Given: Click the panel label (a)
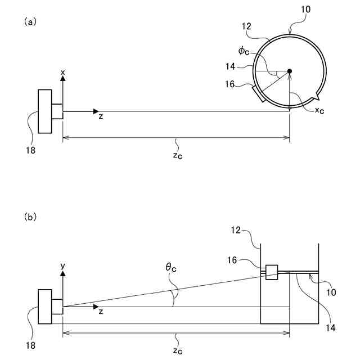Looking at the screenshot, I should click(30, 21).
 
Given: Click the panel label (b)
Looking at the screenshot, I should click(30, 216).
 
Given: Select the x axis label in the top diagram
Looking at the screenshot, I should click(63, 72).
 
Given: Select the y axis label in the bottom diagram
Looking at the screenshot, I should click(63, 265).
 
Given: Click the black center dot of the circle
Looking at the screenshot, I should click(290, 71).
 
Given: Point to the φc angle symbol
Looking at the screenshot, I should click(244, 51).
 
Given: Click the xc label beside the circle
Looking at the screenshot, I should click(319, 111).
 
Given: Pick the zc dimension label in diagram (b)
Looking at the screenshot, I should click(177, 350).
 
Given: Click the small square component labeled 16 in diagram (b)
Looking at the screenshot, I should click(271, 272).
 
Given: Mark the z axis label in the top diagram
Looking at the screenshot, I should click(101, 116).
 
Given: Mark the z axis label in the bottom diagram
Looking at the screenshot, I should click(101, 311).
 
